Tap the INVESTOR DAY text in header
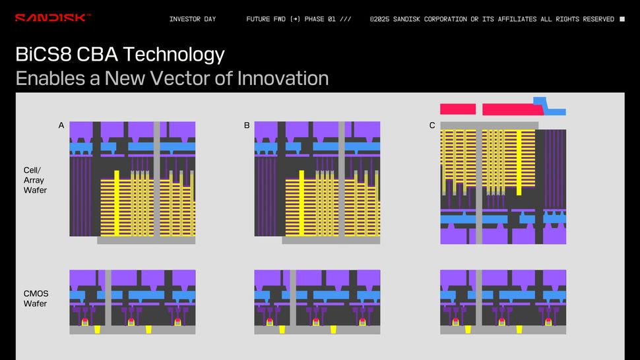(x=193, y=19)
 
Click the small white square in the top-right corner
(x=622, y=19)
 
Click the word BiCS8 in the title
(x=44, y=54)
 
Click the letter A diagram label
(x=61, y=125)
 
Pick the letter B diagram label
(x=247, y=125)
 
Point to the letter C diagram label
(x=432, y=125)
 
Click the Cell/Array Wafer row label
(x=35, y=180)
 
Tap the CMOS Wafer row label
(x=35, y=299)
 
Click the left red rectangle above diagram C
(x=458, y=109)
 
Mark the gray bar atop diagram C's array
(x=489, y=125)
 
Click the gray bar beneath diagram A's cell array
(x=146, y=241)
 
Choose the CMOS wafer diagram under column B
(x=317, y=301)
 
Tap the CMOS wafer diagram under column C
(x=503, y=301)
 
